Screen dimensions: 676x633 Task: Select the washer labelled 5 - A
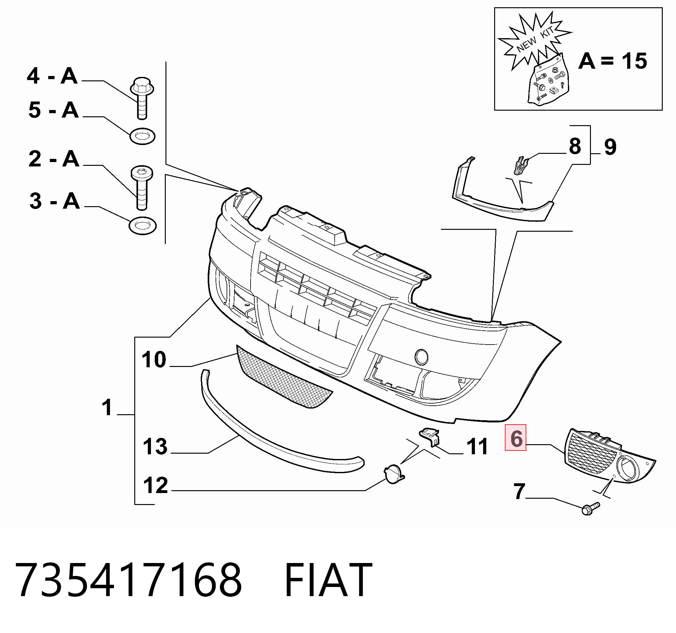142,136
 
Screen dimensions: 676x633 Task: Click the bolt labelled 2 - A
142,188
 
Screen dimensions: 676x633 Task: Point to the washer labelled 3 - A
142,225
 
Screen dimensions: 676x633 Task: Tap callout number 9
610,147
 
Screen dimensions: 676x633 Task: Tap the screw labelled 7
591,509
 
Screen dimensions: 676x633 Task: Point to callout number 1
107,408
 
